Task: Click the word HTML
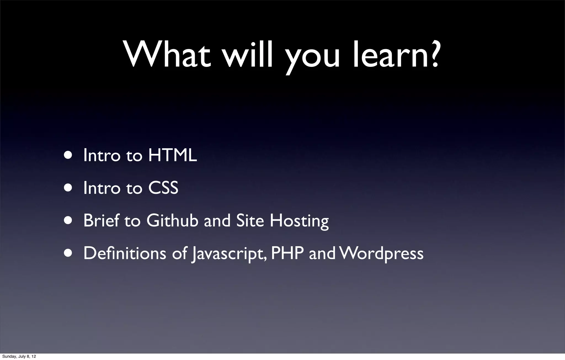pos(172,155)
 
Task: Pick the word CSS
pos(163,188)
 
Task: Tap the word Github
pos(172,221)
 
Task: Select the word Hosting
pos(299,221)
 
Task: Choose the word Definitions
pos(125,253)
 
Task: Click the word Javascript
pos(229,254)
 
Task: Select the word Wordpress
pos(381,254)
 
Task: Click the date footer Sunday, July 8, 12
pos(19,356)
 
